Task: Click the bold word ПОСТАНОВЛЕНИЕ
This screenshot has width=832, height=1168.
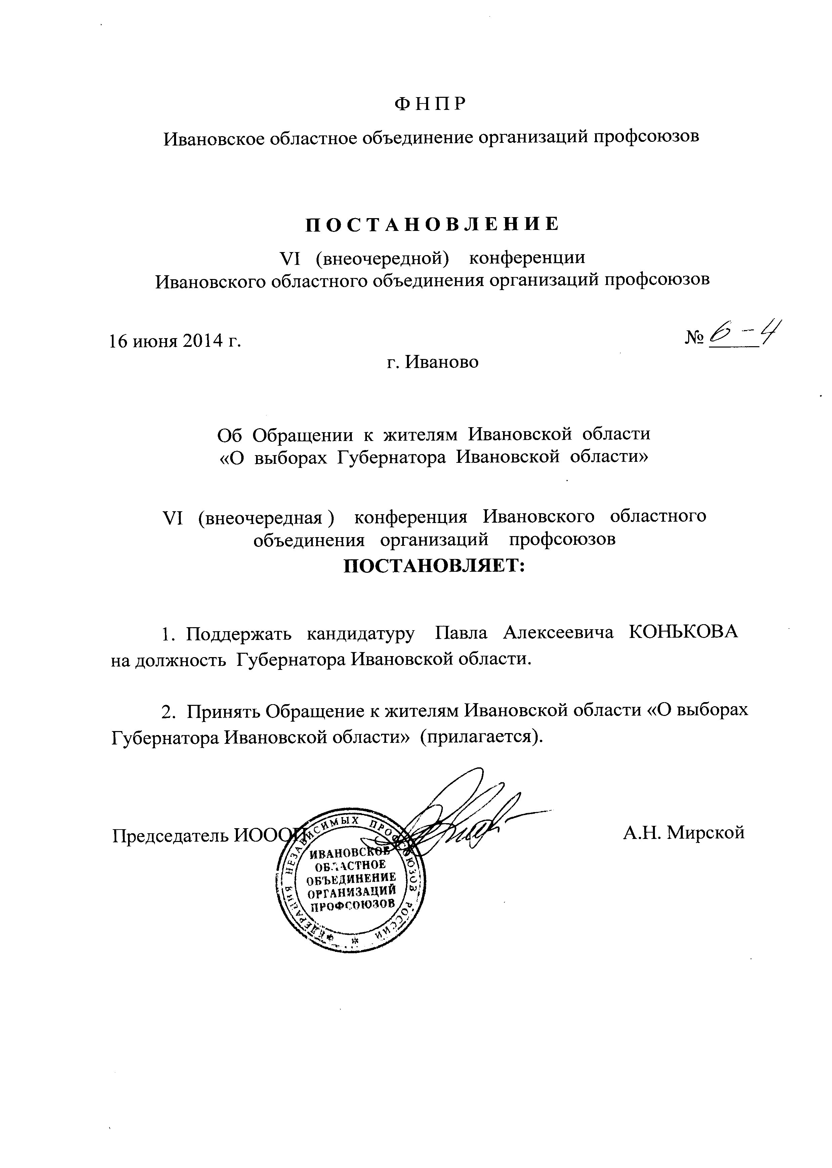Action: tap(432, 225)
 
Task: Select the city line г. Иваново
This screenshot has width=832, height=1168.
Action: tap(432, 362)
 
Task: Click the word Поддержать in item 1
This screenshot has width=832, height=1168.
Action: tap(239, 634)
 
